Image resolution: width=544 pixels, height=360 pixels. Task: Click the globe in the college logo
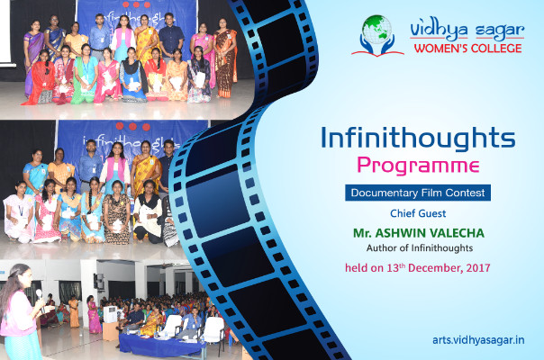(x=376, y=30)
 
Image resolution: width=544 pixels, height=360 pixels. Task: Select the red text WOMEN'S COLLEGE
(x=468, y=49)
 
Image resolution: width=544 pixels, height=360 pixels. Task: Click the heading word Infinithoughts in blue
(x=418, y=139)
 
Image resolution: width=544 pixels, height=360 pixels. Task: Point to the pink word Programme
(x=418, y=166)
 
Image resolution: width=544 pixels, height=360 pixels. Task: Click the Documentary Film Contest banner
(x=418, y=193)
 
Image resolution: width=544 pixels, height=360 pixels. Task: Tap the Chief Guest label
(x=418, y=213)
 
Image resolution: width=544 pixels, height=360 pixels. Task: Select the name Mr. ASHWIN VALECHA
(x=419, y=233)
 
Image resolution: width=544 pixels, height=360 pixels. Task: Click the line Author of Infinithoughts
(x=420, y=248)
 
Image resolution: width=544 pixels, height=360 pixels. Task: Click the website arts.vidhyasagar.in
(x=478, y=340)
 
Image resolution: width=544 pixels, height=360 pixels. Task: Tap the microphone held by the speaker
(x=40, y=296)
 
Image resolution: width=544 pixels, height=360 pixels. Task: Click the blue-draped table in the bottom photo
(x=161, y=345)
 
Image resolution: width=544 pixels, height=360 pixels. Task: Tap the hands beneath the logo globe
(x=377, y=45)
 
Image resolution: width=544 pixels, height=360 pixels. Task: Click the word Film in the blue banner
(x=431, y=193)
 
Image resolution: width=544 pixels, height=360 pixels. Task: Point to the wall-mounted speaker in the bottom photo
(x=99, y=282)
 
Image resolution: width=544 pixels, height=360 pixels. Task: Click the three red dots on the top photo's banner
(x=136, y=4)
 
